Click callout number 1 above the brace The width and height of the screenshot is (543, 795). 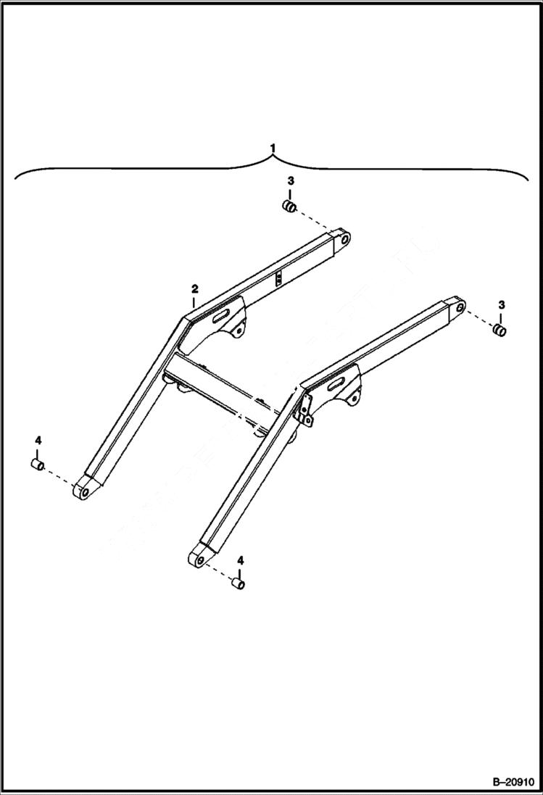tap(273, 148)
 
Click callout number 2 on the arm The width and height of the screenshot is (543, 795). tap(194, 289)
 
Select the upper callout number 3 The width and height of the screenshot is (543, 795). tap(289, 180)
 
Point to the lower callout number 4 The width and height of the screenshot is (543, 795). tap(240, 560)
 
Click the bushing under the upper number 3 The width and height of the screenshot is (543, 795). tap(289, 209)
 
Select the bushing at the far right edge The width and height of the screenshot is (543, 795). tap(499, 330)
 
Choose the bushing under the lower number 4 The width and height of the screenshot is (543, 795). tap(237, 583)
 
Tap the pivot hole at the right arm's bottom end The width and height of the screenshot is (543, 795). tap(198, 558)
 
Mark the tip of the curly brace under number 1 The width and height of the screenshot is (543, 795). tap(273, 158)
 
